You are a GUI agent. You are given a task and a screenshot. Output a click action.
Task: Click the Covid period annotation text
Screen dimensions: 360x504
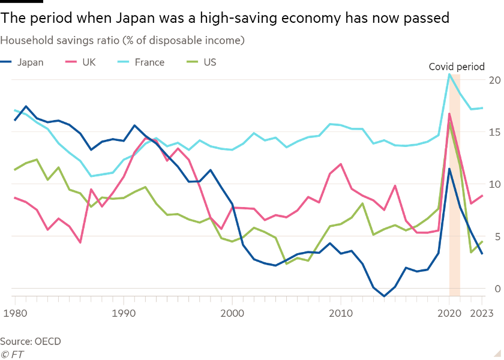(x=456, y=67)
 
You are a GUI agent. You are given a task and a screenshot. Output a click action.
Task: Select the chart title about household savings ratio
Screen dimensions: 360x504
(x=122, y=41)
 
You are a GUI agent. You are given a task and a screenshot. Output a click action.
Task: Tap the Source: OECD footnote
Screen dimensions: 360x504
(x=31, y=341)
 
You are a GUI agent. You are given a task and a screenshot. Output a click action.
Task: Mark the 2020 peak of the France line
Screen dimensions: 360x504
(x=449, y=74)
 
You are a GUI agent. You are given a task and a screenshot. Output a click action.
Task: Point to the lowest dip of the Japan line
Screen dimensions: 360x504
(x=384, y=296)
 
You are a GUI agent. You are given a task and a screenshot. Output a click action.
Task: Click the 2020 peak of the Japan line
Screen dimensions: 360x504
(x=449, y=168)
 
